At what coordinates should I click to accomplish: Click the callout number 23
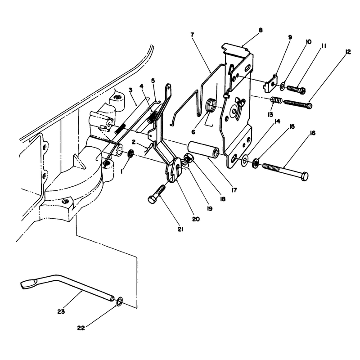click(x=61, y=311)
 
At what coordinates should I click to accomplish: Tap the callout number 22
click(x=81, y=328)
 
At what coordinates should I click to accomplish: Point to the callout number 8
click(x=261, y=30)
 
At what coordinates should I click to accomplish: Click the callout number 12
click(x=348, y=52)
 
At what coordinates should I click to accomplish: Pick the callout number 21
click(x=180, y=229)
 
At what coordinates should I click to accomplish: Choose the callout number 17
click(x=234, y=190)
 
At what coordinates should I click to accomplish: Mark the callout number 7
click(x=192, y=35)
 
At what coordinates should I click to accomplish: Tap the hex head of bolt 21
click(x=152, y=199)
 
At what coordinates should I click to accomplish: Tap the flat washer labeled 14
click(x=244, y=160)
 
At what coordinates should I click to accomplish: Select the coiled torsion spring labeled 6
click(x=211, y=105)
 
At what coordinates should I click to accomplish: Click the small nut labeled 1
click(x=131, y=153)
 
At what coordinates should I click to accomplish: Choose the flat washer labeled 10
click(x=283, y=86)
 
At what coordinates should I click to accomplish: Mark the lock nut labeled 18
click(x=188, y=157)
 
